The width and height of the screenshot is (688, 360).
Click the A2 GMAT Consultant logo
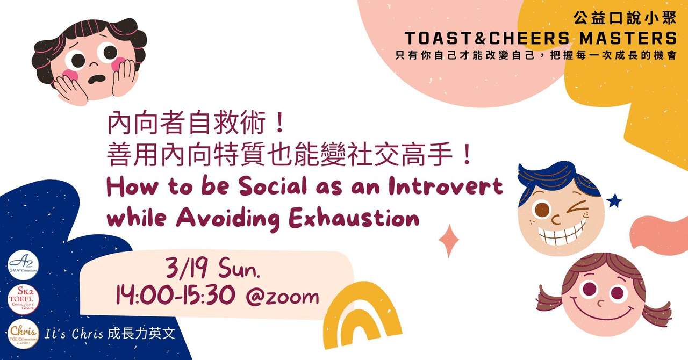pyautogui.click(x=23, y=265)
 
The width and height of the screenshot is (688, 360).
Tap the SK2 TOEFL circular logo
pyautogui.click(x=23, y=299)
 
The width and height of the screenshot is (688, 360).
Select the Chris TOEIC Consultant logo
pyautogui.click(x=23, y=334)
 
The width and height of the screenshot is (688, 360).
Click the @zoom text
pyautogui.click(x=283, y=297)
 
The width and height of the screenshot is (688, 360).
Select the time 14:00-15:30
pyautogui.click(x=176, y=295)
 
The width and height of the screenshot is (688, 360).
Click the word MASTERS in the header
pyautogui.click(x=628, y=39)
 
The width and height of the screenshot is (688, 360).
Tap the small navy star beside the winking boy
pyautogui.click(x=614, y=201)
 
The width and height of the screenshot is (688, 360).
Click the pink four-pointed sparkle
pyautogui.click(x=449, y=240)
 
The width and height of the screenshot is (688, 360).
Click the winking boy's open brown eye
pyautogui.click(x=542, y=210)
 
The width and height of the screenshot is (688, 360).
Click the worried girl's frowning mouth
pyautogui.click(x=97, y=79)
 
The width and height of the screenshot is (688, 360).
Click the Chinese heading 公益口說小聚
pyautogui.click(x=625, y=18)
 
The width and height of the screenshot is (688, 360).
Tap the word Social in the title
pyautogui.click(x=273, y=186)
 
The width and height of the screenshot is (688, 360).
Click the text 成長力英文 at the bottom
pyautogui.click(x=141, y=334)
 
